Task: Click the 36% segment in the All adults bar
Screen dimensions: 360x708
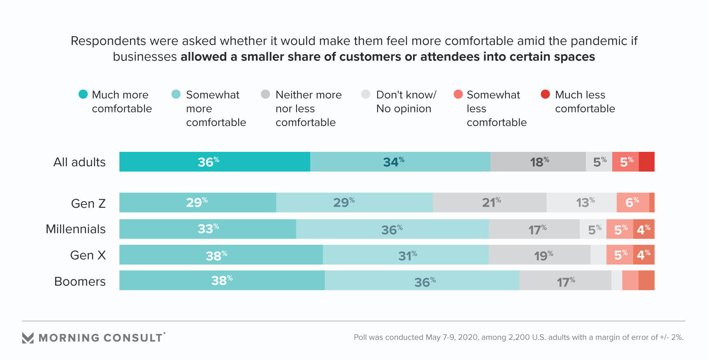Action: (214, 162)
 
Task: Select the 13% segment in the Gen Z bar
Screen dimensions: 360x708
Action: (581, 202)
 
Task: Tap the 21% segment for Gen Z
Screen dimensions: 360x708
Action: (490, 202)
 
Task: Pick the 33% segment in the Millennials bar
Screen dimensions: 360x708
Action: (207, 229)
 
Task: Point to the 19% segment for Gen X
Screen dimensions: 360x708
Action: (539, 255)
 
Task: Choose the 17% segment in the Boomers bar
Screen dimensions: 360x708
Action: (565, 280)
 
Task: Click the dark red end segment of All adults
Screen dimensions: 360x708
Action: (646, 162)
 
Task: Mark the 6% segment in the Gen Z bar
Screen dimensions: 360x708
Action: (632, 202)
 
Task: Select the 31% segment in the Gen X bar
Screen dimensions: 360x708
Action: (406, 255)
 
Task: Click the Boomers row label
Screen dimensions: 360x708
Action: (80, 281)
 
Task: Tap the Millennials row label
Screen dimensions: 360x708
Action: (76, 229)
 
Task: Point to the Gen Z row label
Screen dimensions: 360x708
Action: (88, 204)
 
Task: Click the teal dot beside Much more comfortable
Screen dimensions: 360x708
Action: (83, 94)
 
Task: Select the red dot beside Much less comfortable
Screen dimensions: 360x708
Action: (546, 94)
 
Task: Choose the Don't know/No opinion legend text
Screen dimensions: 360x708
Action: (406, 102)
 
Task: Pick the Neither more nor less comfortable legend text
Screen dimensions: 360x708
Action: (308, 109)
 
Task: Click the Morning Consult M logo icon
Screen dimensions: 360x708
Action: (28, 338)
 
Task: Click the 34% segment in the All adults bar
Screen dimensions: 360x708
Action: (400, 162)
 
